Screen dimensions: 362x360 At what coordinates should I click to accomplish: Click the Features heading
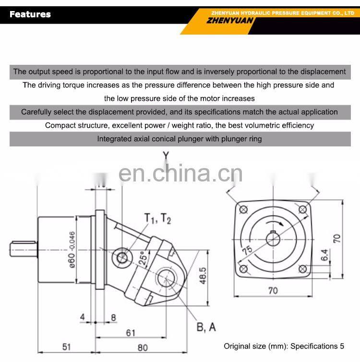pos(30,14)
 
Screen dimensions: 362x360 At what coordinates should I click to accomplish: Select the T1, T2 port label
pos(158,219)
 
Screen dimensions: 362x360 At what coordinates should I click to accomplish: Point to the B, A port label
pos(206,327)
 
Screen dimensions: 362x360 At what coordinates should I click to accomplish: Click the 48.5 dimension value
pos(203,276)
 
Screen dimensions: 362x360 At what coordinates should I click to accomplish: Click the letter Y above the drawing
pos(166,155)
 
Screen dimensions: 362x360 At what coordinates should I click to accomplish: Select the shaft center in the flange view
pos(273,239)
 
